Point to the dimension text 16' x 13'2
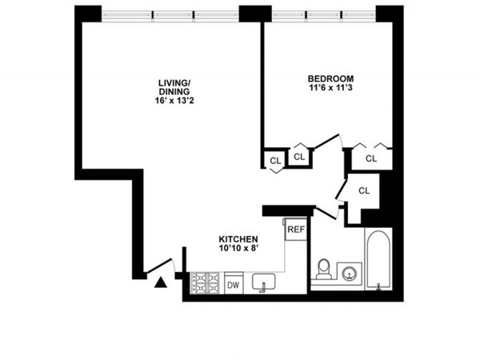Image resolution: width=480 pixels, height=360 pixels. coord(174,101)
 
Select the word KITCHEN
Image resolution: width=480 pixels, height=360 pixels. coord(239,238)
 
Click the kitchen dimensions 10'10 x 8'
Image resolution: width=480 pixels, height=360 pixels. coord(239,249)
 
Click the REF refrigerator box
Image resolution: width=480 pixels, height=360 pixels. coord(296,230)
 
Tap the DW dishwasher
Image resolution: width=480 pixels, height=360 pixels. coord(234,284)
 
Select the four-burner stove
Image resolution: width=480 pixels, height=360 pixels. coord(206,283)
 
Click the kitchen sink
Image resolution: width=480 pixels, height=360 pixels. coord(264,282)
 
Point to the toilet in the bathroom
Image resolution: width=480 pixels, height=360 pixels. coord(324,269)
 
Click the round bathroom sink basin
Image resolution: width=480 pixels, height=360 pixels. coord(350,273)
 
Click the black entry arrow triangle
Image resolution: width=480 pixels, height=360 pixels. coord(161,282)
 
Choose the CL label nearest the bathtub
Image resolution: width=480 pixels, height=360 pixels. coord(365,190)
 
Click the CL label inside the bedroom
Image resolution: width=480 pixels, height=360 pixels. coord(371,158)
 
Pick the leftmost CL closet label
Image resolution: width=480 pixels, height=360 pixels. coord(275,161)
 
